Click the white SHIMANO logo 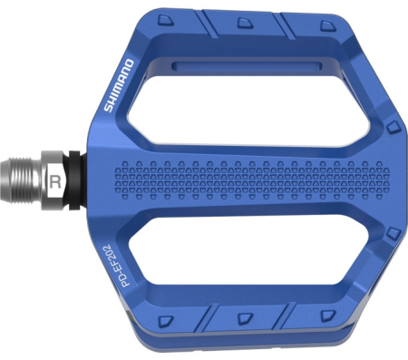(x=119, y=85)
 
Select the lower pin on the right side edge (x=392, y=233)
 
